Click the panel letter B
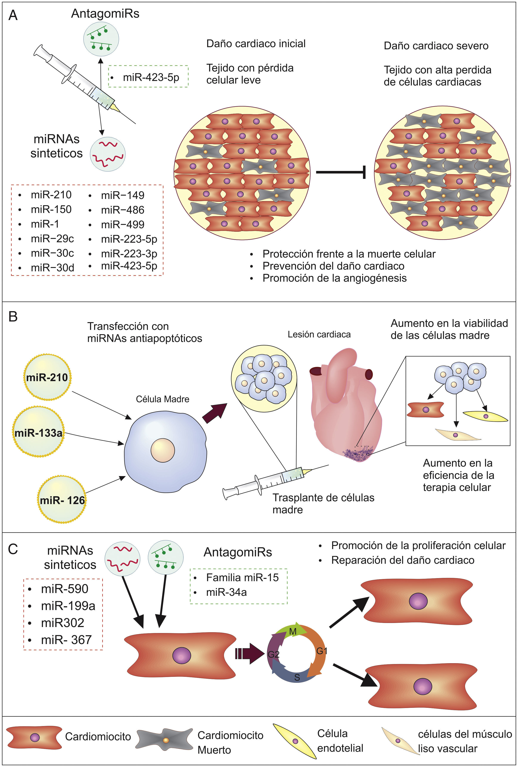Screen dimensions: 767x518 tap(13, 317)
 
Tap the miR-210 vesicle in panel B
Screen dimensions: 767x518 tap(47, 377)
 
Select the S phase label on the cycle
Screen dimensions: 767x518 tap(297, 675)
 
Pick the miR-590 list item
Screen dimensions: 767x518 tap(64, 589)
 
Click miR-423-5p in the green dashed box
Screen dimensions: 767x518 tap(151, 77)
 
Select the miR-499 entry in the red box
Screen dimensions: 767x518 tap(123, 224)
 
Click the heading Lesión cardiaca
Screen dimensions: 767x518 tap(319, 334)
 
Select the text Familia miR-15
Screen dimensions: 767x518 tap(242, 578)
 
